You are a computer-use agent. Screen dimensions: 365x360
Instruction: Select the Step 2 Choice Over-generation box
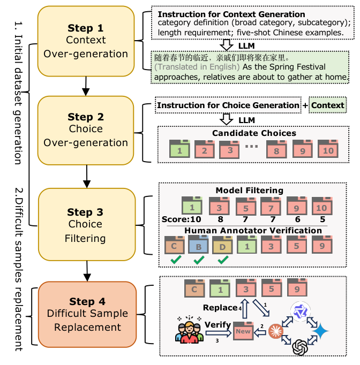(x=85, y=130)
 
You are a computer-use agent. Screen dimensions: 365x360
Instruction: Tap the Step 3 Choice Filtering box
(x=85, y=223)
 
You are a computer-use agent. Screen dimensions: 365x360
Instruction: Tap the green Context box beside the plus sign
(x=327, y=105)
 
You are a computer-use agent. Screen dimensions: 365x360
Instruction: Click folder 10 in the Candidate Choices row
(x=327, y=149)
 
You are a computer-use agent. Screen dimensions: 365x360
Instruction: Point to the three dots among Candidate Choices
(x=251, y=147)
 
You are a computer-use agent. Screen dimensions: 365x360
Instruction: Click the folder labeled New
(x=243, y=331)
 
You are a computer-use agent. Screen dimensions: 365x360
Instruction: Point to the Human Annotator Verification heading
(x=253, y=230)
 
